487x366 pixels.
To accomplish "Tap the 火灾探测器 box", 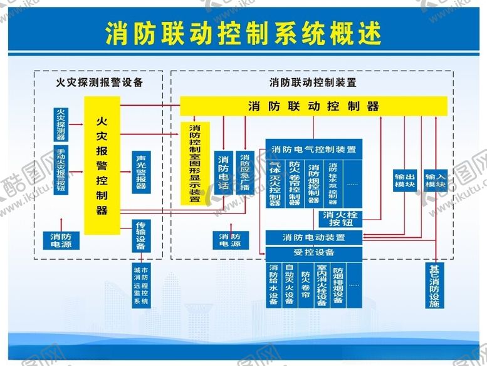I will [x=61, y=123].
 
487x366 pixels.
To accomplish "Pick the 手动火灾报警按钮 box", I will [x=61, y=169].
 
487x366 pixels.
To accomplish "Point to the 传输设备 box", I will [x=141, y=235].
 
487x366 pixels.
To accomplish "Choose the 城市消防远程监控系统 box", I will [x=141, y=285].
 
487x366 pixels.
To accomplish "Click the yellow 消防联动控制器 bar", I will [x=313, y=106].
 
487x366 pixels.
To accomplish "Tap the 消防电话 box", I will [x=223, y=173].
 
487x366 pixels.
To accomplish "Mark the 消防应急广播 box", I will [x=244, y=173].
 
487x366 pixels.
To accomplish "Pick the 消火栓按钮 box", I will [x=339, y=218].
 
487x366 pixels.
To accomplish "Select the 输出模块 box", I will [x=404, y=181].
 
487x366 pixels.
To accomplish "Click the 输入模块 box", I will [x=435, y=181].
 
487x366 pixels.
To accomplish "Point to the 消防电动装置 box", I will [x=313, y=238].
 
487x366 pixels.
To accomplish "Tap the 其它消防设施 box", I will [x=435, y=287].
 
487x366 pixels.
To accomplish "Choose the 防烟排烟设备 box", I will [x=337, y=285].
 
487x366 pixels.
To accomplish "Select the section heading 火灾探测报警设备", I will [x=100, y=82].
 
